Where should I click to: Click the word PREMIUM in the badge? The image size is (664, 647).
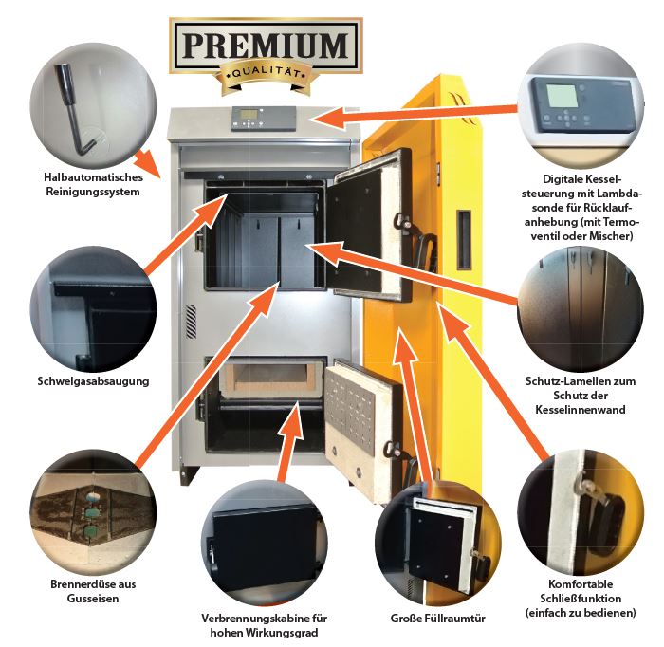click(x=266, y=44)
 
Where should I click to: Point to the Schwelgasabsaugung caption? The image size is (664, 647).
click(x=86, y=382)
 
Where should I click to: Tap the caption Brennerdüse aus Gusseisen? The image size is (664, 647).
click(x=86, y=591)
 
